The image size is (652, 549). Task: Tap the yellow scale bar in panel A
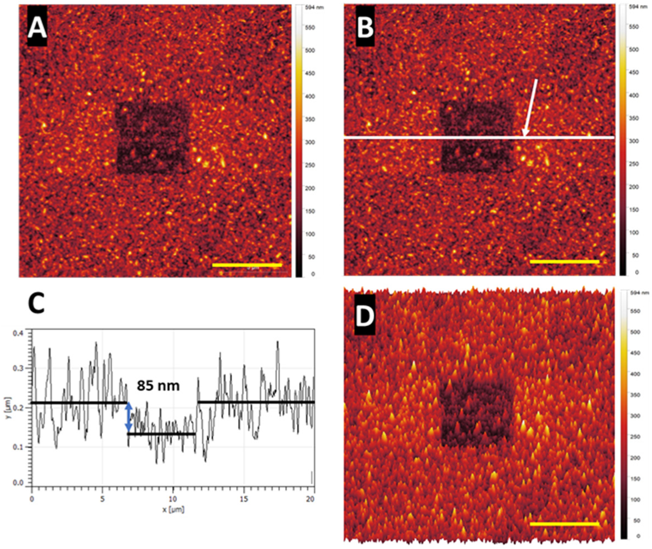[247, 265]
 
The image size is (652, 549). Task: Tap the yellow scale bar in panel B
[564, 261]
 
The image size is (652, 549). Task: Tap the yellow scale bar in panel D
[564, 523]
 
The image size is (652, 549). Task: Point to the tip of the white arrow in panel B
[524, 135]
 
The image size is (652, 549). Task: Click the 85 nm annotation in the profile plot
[159, 386]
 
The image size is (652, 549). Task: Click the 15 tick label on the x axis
[244, 500]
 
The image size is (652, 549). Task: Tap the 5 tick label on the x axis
[102, 500]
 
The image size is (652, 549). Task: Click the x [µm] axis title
[173, 509]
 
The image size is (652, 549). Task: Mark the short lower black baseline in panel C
[161, 434]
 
